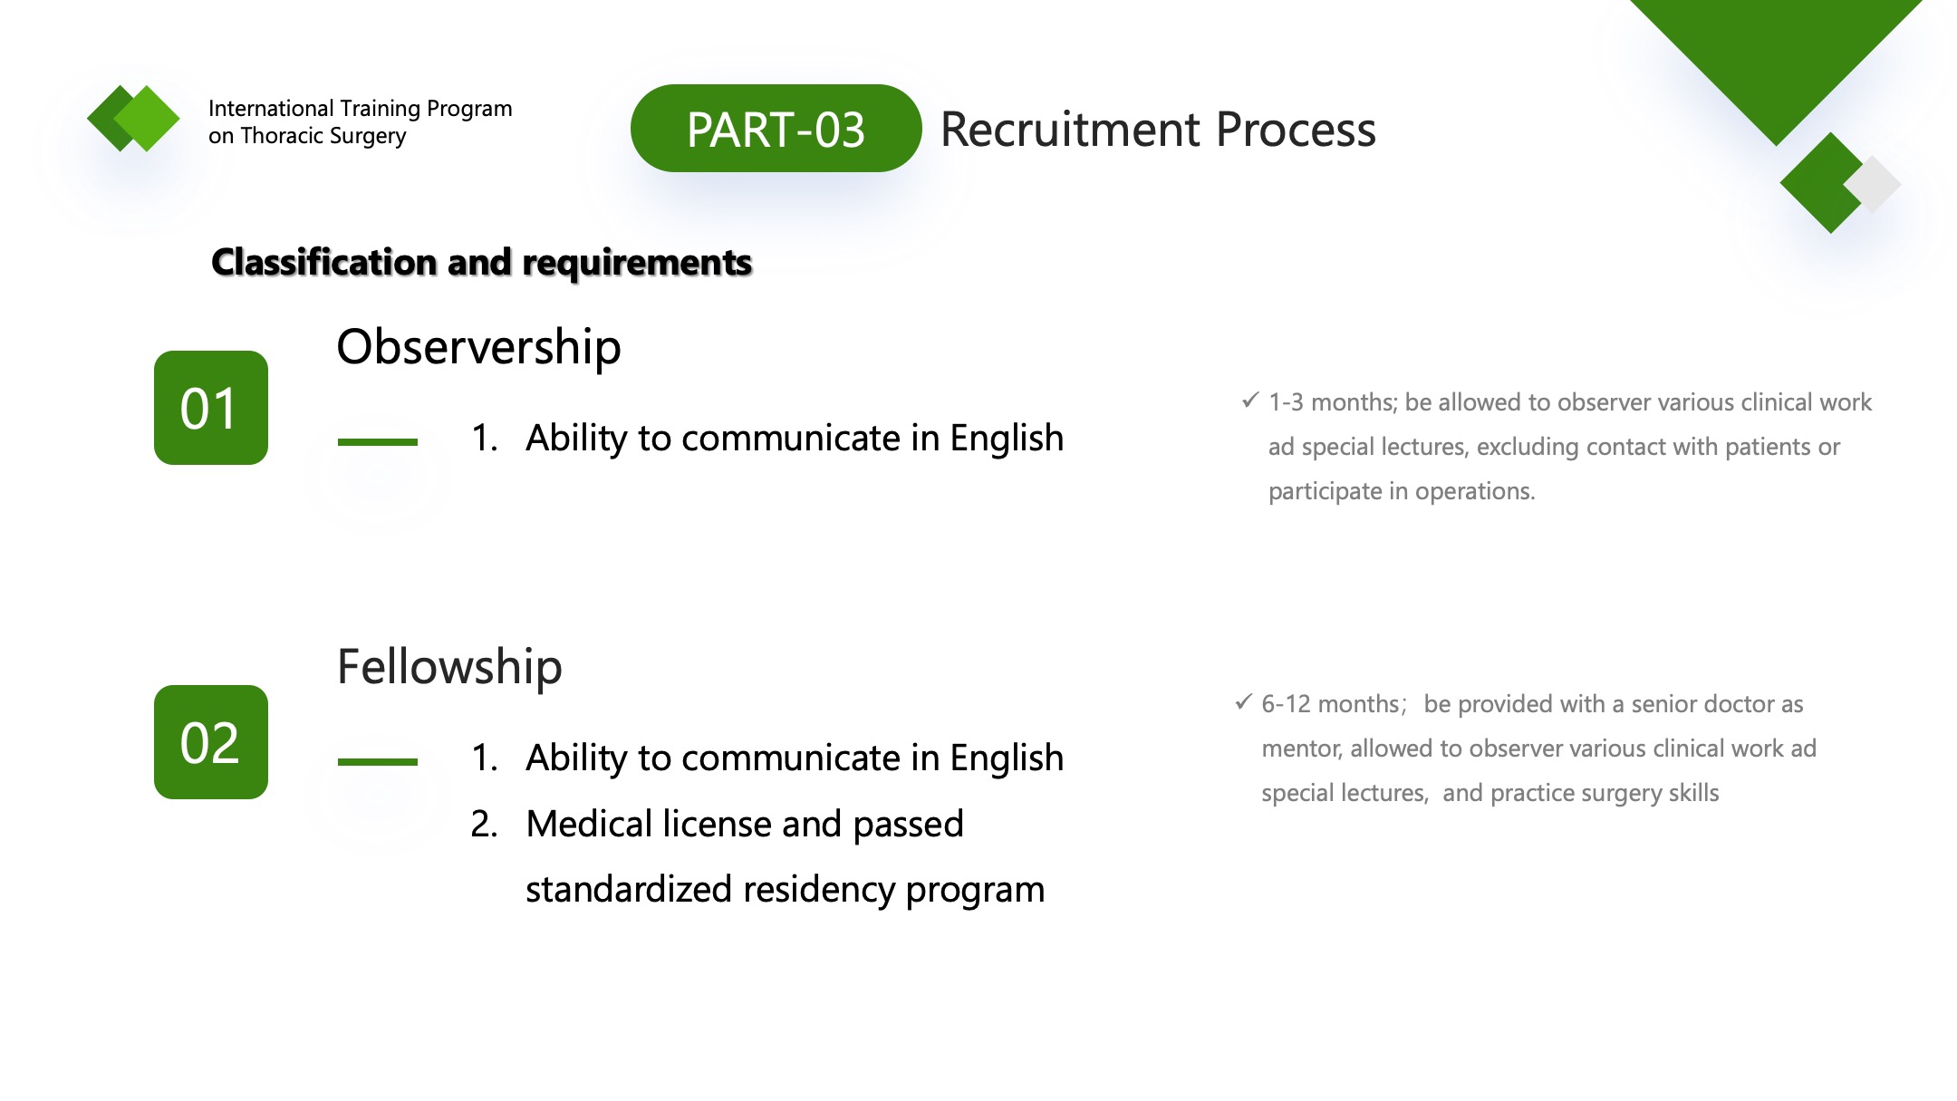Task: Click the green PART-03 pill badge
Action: tap(776, 129)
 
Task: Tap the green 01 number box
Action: tap(211, 408)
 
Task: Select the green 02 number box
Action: tap(211, 742)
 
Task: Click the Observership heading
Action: tap(478, 347)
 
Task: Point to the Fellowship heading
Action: tap(449, 667)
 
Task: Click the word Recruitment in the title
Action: tap(1071, 130)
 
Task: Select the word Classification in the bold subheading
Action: tap(324, 263)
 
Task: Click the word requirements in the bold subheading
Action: tap(637, 263)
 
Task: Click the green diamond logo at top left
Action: tap(133, 119)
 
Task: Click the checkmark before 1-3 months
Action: tap(1250, 400)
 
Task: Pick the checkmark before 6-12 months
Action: tap(1244, 702)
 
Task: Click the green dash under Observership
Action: tap(378, 442)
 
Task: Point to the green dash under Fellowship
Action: tap(378, 762)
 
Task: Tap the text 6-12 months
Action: tap(1330, 704)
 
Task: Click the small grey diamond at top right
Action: tap(1873, 184)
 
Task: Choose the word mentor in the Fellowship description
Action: tap(1300, 749)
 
